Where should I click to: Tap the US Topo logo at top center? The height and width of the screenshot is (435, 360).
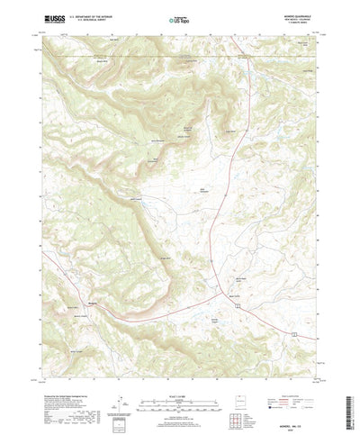[x=180, y=19]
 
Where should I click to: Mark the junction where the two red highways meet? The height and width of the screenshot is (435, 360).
[x=221, y=293]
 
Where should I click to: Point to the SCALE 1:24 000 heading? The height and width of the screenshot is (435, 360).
[x=179, y=367]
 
